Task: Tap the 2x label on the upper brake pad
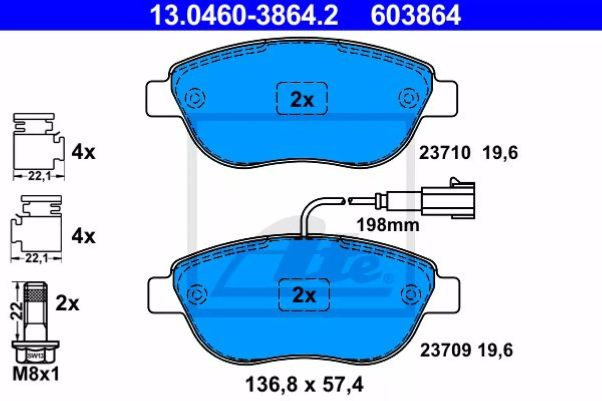click(302, 101)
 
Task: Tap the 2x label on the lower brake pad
click(304, 296)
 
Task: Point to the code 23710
click(445, 153)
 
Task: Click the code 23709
click(446, 350)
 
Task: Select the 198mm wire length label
click(388, 225)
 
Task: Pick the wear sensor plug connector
click(448, 198)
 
